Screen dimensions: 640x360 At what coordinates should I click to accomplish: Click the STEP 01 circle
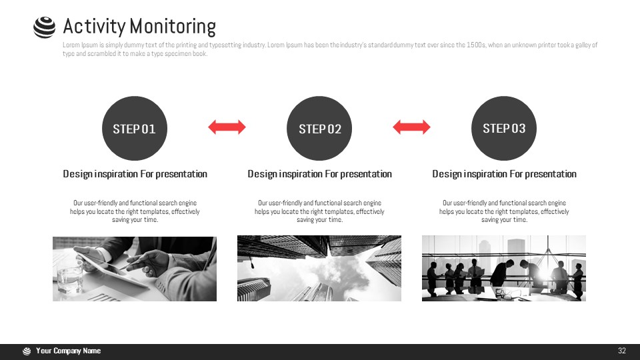coord(135,128)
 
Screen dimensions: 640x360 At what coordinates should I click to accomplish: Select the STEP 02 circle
coord(319,128)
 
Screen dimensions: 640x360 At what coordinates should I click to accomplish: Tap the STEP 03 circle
coord(504,128)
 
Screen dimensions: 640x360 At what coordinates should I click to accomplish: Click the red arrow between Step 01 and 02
coord(227,127)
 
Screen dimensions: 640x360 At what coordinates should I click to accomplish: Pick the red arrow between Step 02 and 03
coord(411,127)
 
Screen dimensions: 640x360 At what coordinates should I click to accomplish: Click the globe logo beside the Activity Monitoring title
coord(44,27)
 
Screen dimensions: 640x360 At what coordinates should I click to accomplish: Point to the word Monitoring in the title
coord(173,27)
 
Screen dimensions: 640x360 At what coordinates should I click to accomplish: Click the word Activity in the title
coord(94,27)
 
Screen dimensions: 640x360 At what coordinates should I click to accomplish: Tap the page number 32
coord(621,351)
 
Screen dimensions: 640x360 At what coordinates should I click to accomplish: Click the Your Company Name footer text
coord(68,351)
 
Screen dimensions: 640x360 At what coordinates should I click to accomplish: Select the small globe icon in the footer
coord(27,351)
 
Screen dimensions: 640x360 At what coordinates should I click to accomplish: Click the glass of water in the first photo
coord(69,279)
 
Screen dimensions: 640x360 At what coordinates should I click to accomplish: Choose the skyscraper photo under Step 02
coord(319,269)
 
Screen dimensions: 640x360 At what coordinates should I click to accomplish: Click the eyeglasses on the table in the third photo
coord(508,293)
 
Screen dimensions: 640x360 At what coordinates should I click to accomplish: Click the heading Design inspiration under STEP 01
coord(135,174)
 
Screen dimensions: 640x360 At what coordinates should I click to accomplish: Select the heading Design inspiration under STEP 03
coord(504,174)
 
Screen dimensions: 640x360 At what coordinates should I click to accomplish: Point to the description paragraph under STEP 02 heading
coord(319,211)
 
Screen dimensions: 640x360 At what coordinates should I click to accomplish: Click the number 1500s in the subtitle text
coord(476,45)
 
